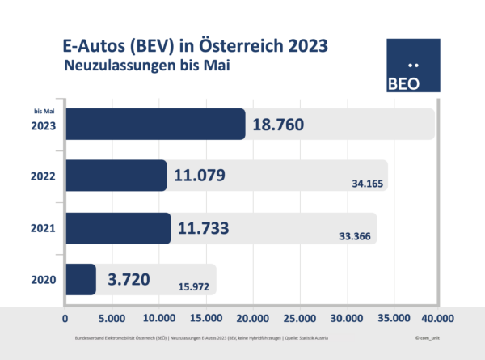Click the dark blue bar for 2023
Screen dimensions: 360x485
(154, 124)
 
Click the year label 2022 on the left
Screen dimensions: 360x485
(42, 176)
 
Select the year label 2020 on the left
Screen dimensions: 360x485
(42, 280)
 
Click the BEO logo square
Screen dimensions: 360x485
(413, 67)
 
